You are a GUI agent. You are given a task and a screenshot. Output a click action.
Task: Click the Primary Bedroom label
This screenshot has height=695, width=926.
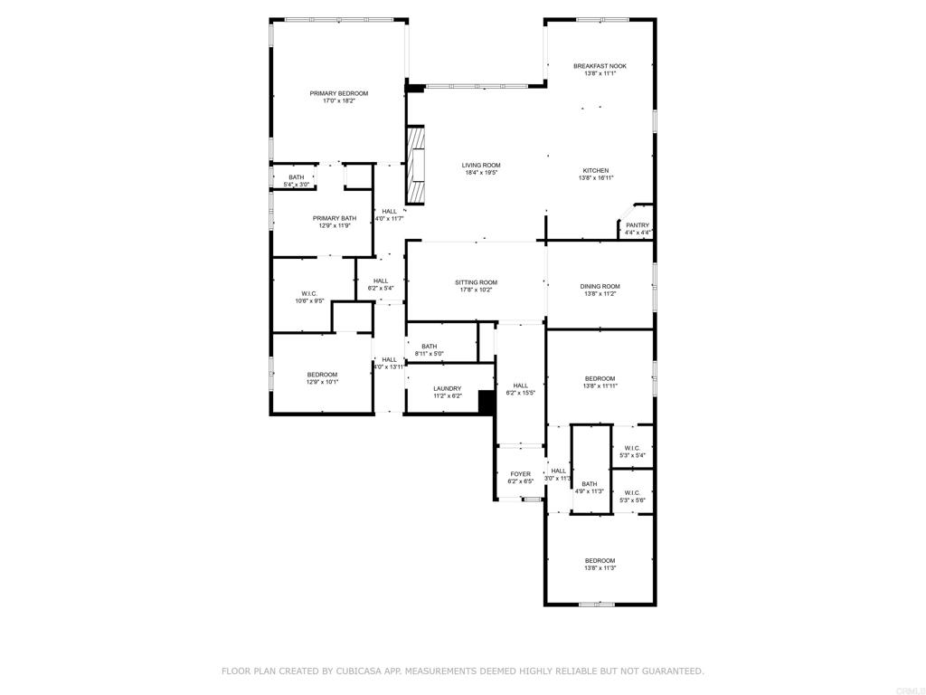(x=338, y=93)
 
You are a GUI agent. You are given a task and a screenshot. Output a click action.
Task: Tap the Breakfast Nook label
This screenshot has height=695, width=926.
(x=600, y=66)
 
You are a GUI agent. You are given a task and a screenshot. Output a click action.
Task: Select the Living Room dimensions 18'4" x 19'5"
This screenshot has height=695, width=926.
(x=481, y=173)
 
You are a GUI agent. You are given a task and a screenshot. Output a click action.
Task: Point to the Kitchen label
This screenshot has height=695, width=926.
(x=595, y=170)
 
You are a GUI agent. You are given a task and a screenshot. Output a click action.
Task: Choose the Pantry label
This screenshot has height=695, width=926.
(x=638, y=225)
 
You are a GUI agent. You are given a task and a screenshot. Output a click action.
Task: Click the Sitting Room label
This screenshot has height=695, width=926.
(x=476, y=282)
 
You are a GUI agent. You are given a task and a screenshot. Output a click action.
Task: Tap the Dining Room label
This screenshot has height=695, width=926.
(x=600, y=286)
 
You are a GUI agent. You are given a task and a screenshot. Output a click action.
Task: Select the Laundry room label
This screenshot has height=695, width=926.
(x=447, y=388)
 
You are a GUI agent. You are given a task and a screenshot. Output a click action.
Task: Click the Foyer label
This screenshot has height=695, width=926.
(x=520, y=474)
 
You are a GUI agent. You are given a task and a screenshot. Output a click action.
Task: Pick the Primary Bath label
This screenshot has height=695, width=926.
(x=335, y=218)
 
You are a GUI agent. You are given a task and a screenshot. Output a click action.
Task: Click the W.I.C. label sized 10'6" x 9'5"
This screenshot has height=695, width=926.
(x=308, y=293)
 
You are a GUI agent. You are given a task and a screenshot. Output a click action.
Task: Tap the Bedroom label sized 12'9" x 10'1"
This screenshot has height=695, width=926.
(x=322, y=375)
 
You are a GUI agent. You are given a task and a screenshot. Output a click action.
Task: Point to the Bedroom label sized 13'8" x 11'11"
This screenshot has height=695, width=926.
(x=600, y=378)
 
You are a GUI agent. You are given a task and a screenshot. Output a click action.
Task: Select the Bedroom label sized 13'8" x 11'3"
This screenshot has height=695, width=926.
(x=600, y=560)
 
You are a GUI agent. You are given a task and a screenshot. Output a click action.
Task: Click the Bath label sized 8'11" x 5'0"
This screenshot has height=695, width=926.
(x=429, y=346)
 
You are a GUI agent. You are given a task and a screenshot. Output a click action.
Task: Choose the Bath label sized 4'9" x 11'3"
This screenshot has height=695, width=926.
(x=590, y=484)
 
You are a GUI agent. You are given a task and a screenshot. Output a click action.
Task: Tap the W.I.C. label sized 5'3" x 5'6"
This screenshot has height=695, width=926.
(x=632, y=493)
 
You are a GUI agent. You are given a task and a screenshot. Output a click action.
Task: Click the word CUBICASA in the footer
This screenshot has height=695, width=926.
(x=350, y=671)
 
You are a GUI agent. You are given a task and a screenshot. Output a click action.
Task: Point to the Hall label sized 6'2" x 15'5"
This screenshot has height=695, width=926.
(x=520, y=386)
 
